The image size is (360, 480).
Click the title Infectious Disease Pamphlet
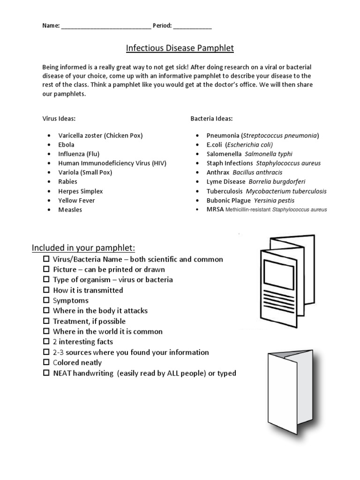click(180, 48)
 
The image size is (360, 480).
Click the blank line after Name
click(105, 27)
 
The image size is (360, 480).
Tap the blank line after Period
click(192, 27)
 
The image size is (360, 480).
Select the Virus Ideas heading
click(59, 118)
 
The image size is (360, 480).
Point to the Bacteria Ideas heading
click(211, 118)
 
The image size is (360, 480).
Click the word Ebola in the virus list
click(66, 145)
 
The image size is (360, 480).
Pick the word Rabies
click(67, 182)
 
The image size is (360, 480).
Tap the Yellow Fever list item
click(76, 201)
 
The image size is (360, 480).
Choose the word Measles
click(70, 210)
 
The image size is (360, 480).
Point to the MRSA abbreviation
click(215, 210)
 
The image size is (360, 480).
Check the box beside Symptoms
click(46, 300)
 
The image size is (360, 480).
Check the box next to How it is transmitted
click(46, 290)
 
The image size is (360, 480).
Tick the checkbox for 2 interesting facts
click(46, 341)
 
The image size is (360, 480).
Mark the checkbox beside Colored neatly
click(46, 362)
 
